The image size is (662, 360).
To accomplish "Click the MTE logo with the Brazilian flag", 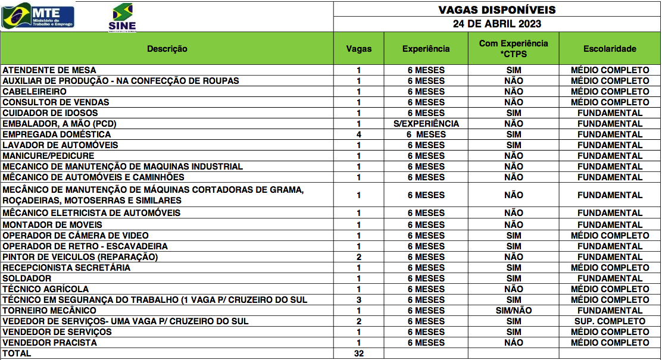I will click(38, 15).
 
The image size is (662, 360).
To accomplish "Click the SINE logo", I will click(122, 17).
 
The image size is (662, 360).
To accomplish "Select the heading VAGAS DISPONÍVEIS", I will click(496, 10).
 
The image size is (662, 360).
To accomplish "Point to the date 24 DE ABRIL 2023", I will click(496, 24).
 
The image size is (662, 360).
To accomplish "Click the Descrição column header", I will click(167, 49).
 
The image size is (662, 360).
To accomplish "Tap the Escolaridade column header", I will click(610, 49).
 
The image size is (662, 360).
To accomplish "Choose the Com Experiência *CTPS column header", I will click(513, 49).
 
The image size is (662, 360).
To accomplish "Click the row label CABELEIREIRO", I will click(35, 92).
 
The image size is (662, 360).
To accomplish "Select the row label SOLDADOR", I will click(27, 278).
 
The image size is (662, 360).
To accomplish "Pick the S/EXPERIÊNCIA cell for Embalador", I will click(426, 124).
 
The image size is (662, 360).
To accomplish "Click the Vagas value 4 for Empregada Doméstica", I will click(358, 134).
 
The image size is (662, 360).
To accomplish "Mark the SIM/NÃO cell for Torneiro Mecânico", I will click(513, 311).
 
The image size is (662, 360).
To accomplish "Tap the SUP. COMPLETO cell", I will click(610, 321).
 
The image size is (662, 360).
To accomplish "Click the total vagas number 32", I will click(358, 353).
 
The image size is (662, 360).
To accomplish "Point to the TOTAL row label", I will click(17, 353).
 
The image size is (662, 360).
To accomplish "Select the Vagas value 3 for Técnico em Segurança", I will click(358, 300).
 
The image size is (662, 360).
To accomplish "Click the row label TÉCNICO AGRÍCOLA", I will click(46, 289).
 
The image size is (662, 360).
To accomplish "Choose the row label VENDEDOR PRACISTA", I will click(49, 343).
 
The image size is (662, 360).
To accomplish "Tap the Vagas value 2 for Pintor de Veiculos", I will click(358, 257).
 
